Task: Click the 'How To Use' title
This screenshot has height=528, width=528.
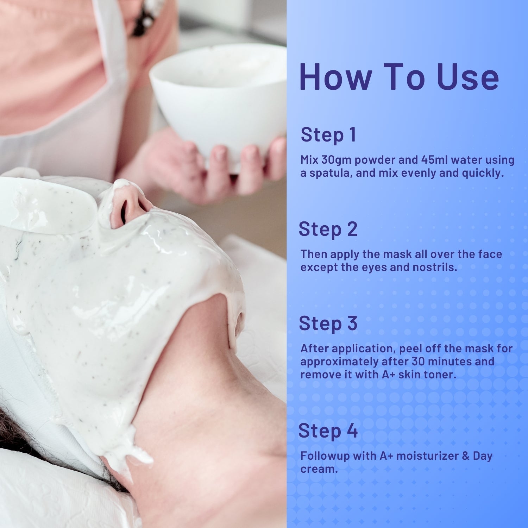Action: point(399,77)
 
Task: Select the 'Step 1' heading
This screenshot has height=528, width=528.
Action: point(328,135)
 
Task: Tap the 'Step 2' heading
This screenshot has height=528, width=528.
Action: point(328,229)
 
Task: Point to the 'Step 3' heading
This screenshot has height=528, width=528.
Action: point(328,323)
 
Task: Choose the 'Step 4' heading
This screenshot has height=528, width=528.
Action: point(328,431)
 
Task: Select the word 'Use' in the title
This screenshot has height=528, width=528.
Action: point(468,77)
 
